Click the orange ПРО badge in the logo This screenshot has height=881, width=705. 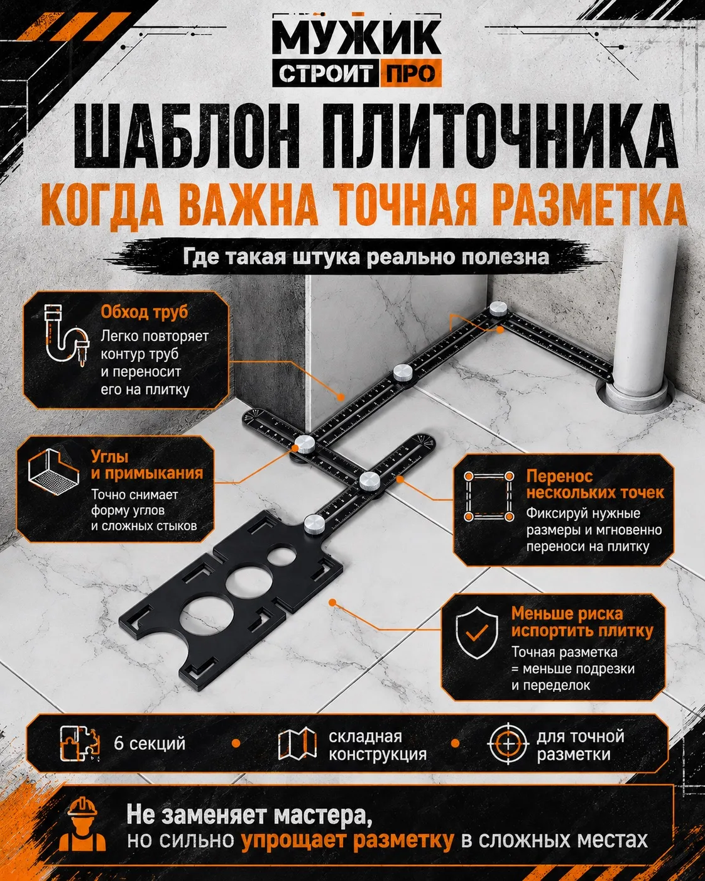[x=411, y=74]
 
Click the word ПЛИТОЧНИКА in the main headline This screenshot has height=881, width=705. [x=500, y=137]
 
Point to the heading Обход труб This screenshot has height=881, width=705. [x=144, y=312]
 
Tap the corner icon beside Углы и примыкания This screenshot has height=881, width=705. [x=53, y=472]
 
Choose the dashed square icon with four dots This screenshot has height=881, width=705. [x=488, y=496]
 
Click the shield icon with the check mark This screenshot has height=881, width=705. [x=477, y=633]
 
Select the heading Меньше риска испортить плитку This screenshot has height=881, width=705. [x=582, y=622]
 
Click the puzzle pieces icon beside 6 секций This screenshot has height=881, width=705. [x=80, y=743]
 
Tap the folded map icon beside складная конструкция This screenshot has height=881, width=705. [x=297, y=743]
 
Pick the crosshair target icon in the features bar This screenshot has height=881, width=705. [x=508, y=743]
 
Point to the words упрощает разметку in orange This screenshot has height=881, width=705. [x=347, y=840]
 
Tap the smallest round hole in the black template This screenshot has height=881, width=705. [x=281, y=556]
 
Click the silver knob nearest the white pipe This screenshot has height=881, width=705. [x=498, y=308]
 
